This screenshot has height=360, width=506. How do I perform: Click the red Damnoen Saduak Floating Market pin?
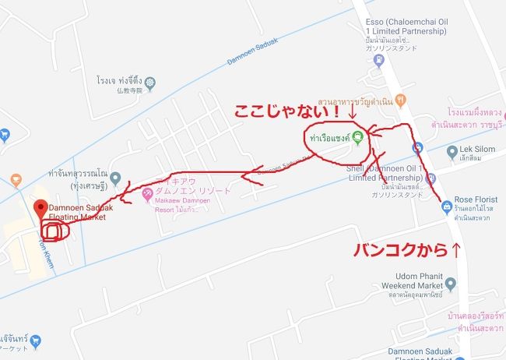click(40, 208)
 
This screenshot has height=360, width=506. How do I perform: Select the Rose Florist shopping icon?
click(446, 206)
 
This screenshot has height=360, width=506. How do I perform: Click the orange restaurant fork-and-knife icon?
click(400, 99)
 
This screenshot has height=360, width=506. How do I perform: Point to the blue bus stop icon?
click(420, 146)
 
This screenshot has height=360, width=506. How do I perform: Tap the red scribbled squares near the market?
click(54, 231)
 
